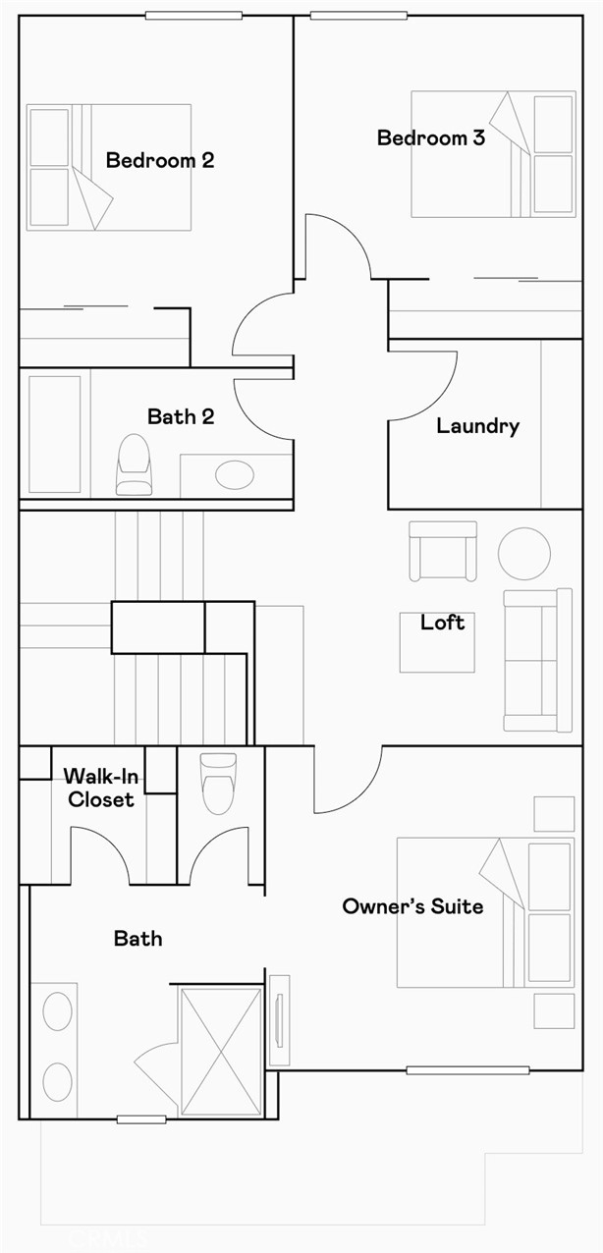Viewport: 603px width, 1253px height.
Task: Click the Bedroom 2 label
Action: (x=160, y=160)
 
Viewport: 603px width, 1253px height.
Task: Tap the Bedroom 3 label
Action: (x=431, y=137)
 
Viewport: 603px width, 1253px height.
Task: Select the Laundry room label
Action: (x=477, y=426)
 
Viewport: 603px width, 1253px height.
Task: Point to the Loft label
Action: (x=443, y=622)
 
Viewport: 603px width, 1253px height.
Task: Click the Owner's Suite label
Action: (x=412, y=906)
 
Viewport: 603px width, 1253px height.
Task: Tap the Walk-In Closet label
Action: (x=101, y=788)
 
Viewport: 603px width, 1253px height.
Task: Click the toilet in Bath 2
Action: (x=135, y=464)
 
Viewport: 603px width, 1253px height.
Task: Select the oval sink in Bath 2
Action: (x=235, y=475)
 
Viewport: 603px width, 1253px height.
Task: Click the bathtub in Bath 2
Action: (x=54, y=434)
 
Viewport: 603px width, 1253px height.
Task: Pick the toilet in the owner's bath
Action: (x=218, y=784)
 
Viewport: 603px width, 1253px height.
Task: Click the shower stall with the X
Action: (x=222, y=1052)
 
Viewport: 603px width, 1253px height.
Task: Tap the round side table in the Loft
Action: (x=524, y=553)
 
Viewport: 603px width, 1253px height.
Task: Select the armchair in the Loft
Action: (x=443, y=551)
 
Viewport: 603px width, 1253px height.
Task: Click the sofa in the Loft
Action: (x=537, y=660)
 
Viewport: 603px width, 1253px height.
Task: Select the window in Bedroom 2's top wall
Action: (x=193, y=16)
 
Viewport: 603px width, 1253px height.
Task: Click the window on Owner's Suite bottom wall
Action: (x=467, y=1070)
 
